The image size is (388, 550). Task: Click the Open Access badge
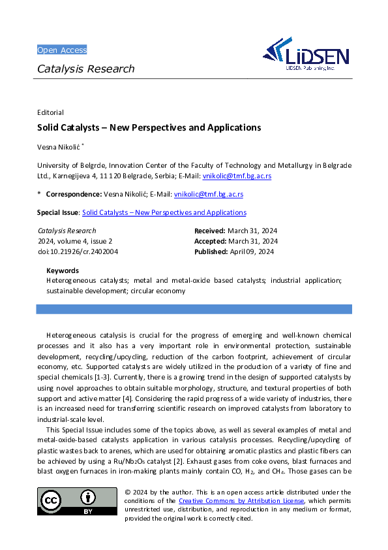pos(62,50)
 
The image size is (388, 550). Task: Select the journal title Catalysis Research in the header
pos(85,69)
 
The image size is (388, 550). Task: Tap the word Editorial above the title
pos(50,112)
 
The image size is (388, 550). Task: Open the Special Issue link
pos(164,212)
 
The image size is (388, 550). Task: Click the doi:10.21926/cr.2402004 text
pos(78,251)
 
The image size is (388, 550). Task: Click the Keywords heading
pos(63,270)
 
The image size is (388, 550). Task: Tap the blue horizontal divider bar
pos(194,309)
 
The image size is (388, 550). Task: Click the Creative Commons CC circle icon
pos(52,501)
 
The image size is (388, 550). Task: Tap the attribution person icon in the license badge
pos(87,498)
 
